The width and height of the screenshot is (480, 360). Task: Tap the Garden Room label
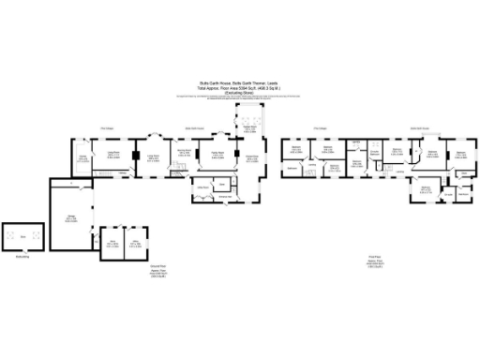250,129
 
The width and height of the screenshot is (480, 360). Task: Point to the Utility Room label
202,187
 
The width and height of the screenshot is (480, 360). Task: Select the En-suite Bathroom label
373,152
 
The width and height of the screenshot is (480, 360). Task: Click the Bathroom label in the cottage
293,169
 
